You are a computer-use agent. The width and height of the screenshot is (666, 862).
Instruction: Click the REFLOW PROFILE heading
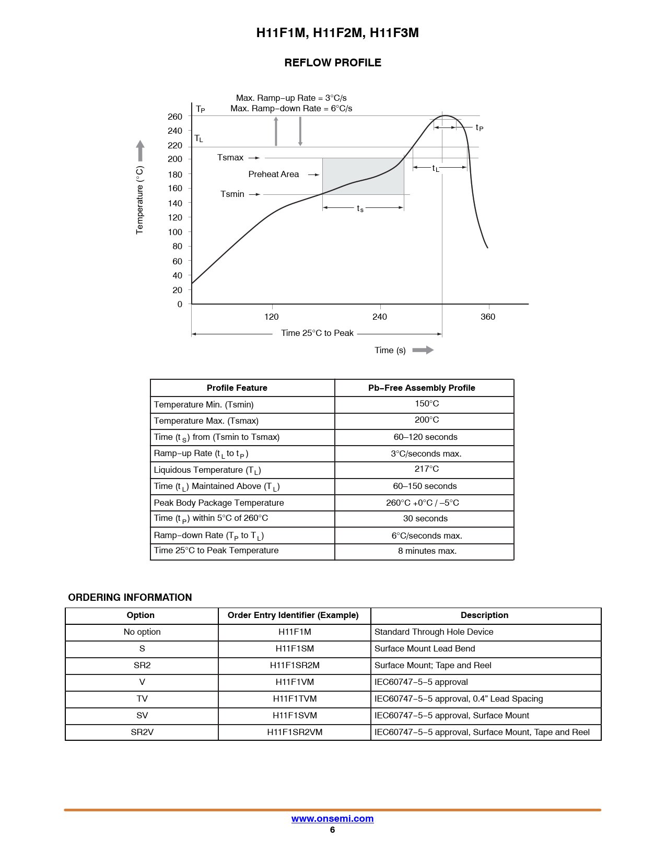(x=332, y=63)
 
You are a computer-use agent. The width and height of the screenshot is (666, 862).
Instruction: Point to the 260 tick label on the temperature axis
(x=175, y=117)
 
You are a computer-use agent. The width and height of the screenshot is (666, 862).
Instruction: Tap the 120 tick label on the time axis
(x=271, y=317)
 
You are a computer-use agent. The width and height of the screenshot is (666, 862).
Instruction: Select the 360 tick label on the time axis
(x=488, y=317)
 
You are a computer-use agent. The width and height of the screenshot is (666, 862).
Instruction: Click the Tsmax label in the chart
(x=230, y=157)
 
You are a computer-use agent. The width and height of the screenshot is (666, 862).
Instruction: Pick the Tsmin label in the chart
(x=232, y=194)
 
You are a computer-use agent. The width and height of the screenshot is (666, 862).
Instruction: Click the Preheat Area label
(x=274, y=174)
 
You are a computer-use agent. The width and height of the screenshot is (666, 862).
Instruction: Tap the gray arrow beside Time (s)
(x=423, y=350)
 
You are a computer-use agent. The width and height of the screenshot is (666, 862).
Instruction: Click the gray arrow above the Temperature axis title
(x=140, y=150)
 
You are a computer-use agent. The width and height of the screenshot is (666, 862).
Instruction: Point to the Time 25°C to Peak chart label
(x=318, y=333)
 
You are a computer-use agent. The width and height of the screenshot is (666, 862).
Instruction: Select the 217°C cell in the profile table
(x=427, y=469)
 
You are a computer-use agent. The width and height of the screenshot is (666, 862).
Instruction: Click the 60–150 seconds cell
(x=425, y=486)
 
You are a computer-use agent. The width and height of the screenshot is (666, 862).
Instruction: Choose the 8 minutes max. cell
(x=427, y=551)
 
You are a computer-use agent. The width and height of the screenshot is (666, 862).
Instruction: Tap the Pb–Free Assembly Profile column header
(x=422, y=388)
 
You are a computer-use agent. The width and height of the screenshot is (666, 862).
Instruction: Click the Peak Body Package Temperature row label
(x=219, y=503)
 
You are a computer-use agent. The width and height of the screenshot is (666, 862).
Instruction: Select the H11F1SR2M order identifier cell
(x=295, y=665)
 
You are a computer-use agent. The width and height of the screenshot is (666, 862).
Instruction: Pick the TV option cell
(x=142, y=698)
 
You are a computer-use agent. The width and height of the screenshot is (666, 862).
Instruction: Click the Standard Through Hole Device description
(x=434, y=632)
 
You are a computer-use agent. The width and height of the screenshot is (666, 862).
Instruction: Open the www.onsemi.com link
(x=332, y=818)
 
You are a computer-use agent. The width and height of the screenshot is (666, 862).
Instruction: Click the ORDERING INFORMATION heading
(x=130, y=598)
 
